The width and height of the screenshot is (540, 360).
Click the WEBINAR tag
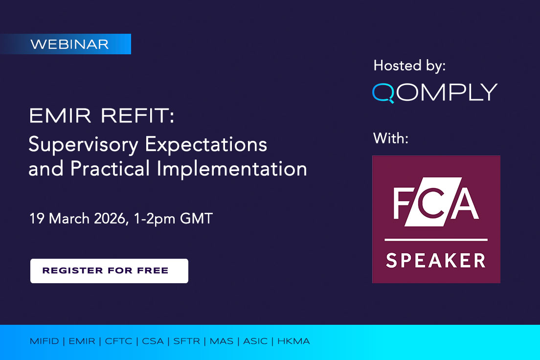[69, 44]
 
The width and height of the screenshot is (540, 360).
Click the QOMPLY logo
[434, 92]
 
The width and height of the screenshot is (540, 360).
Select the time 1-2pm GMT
[175, 218]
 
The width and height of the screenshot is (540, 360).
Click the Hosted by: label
[409, 66]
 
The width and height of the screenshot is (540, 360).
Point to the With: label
[390, 138]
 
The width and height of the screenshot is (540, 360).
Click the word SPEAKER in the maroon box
[435, 260]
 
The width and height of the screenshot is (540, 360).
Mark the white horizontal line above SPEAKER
[435, 240]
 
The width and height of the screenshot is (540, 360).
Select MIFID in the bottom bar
[44, 341]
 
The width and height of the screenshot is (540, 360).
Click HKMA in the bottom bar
[293, 341]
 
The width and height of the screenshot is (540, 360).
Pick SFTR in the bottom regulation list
[186, 341]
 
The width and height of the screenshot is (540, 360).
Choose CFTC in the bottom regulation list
[118, 341]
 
